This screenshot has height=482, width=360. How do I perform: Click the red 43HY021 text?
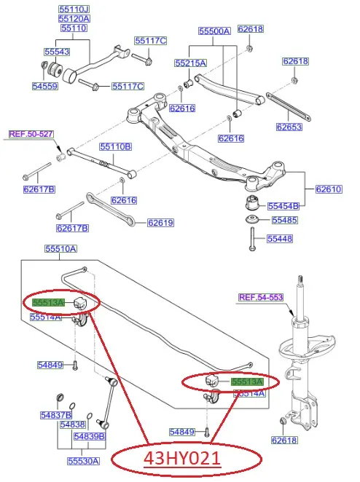click(x=182, y=459)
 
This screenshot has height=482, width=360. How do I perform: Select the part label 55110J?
click(x=74, y=9)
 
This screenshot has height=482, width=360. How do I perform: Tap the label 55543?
click(x=57, y=52)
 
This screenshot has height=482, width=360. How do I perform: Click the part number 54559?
click(x=45, y=86)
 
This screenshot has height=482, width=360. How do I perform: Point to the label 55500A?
click(x=214, y=31)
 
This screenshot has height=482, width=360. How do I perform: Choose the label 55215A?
click(x=191, y=63)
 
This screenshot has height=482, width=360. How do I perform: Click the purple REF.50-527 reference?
click(x=31, y=134)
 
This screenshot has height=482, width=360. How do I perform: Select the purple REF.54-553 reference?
click(x=261, y=297)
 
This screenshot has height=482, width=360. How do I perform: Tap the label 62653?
click(x=289, y=127)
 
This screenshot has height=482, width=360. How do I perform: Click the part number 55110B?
click(x=115, y=146)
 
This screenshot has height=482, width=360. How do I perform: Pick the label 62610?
click(x=329, y=189)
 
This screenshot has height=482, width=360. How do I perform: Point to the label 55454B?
click(x=283, y=206)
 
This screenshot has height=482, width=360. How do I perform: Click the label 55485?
click(x=285, y=220)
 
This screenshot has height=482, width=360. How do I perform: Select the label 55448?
click(x=280, y=239)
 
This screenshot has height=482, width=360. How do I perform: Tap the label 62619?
click(x=160, y=223)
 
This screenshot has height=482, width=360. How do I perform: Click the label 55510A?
click(x=60, y=249)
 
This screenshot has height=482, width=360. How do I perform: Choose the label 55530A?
click(x=83, y=461)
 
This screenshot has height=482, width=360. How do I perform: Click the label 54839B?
click(x=90, y=437)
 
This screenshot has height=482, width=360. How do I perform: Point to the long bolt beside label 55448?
click(x=252, y=239)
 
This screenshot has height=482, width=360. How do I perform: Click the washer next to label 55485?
click(x=251, y=220)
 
